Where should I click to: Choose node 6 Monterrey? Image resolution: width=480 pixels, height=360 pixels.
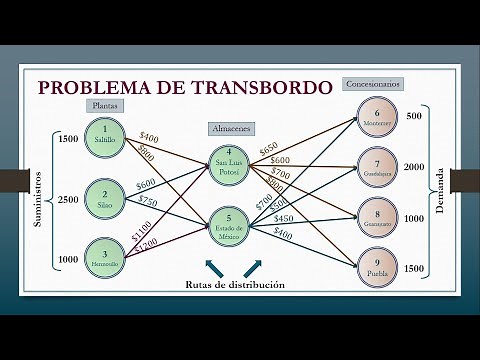tap(377, 118)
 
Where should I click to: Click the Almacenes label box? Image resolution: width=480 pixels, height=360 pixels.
tap(231, 129)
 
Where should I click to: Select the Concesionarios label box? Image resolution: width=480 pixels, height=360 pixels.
tap(372, 85)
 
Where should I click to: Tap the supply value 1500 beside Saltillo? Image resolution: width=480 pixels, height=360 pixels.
tap(68, 139)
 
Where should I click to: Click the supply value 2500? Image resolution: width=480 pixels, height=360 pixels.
tap(68, 200)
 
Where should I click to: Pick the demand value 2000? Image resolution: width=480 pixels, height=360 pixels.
tap(415, 167)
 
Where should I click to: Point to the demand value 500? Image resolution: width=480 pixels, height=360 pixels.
tap(415, 117)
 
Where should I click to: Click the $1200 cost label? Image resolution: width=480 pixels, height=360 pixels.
tap(145, 242)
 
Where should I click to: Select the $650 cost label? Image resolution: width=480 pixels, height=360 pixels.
tap(268, 148)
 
